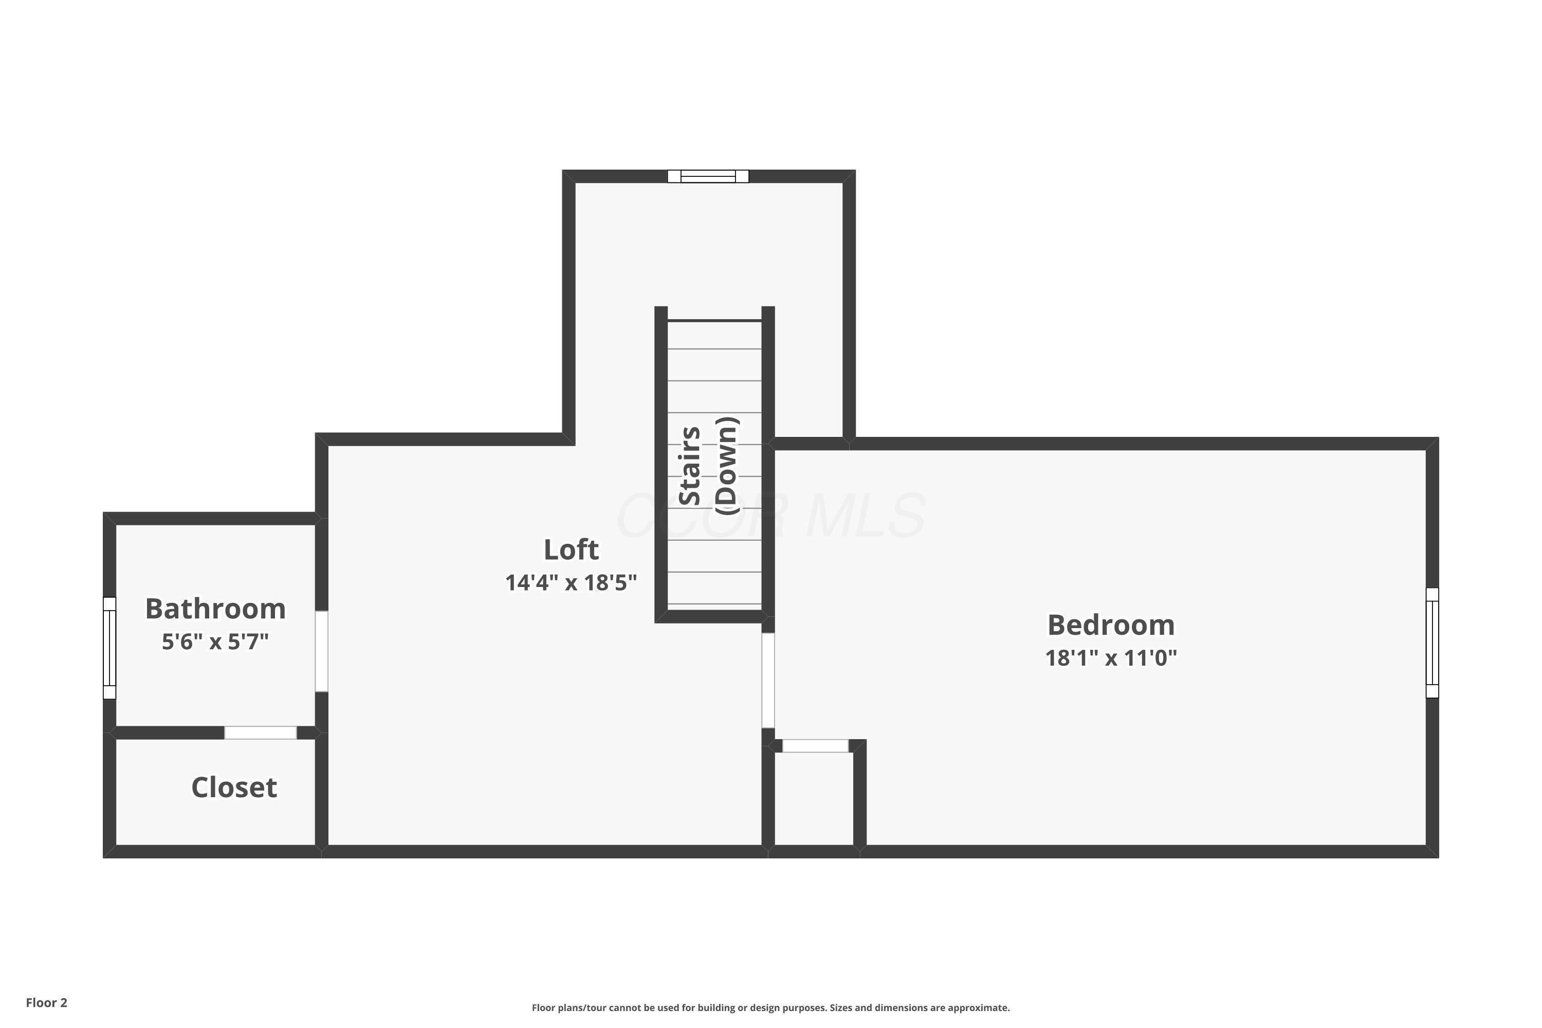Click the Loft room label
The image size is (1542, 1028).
(571, 550)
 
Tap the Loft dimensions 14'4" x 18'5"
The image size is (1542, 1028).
(571, 583)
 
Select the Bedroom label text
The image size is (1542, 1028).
(1111, 625)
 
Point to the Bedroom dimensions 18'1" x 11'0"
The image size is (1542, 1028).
(1111, 657)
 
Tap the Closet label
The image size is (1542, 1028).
(234, 787)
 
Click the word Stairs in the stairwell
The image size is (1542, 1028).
(690, 466)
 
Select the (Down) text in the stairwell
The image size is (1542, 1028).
(726, 466)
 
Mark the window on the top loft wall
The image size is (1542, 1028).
(708, 176)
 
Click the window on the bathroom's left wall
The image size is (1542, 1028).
(109, 648)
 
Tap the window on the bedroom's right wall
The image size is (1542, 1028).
(1433, 642)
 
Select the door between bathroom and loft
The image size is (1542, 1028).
(321, 651)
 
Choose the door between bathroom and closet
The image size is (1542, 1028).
(260, 733)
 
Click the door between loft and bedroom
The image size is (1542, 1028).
(768, 681)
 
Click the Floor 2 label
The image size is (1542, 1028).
(47, 1002)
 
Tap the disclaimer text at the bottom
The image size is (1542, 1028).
(770, 1007)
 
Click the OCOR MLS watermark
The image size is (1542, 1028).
(770, 516)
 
